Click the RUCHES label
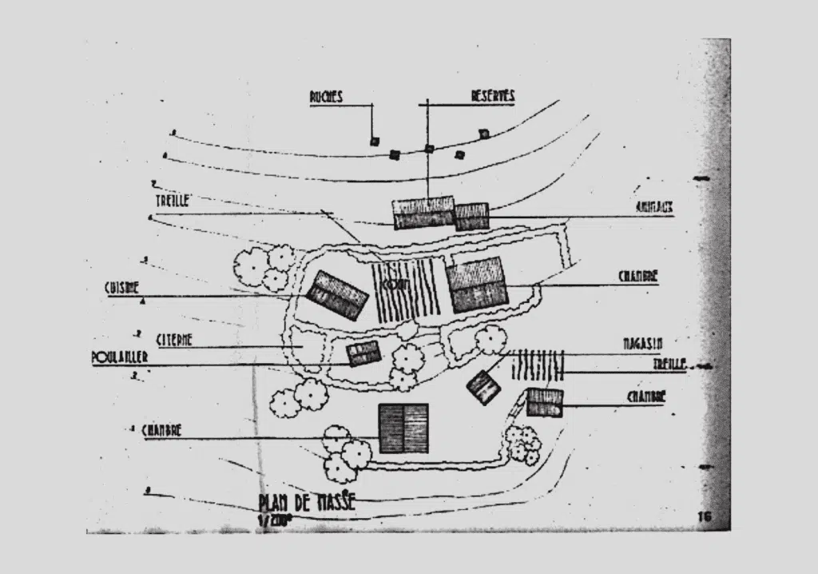(326, 97)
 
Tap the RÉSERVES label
(492, 96)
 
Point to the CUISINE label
(121, 287)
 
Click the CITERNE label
(174, 339)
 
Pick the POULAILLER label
(120, 357)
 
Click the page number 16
(704, 516)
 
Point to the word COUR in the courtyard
(392, 285)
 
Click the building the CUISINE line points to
(336, 294)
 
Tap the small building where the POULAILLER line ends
(363, 353)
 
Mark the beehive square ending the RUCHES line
(374, 141)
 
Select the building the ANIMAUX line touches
(471, 216)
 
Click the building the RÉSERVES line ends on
(423, 213)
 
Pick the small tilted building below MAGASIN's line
(483, 387)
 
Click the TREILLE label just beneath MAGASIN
(669, 364)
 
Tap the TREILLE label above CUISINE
(173, 201)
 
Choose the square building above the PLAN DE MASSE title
(403, 428)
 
